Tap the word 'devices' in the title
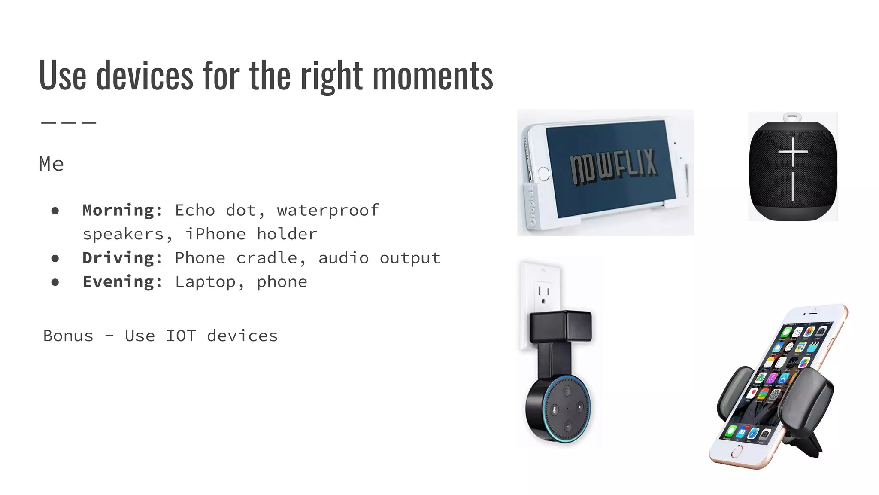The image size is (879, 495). click(x=145, y=76)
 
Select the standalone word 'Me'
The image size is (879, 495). click(x=52, y=164)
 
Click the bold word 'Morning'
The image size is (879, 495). click(x=118, y=211)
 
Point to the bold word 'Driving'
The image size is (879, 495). click(x=118, y=258)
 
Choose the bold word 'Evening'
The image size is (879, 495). click(x=118, y=282)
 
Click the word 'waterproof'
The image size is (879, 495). click(x=328, y=211)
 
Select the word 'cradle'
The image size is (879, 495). click(x=267, y=258)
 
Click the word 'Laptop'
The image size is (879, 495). click(x=205, y=282)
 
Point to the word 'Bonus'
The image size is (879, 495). click(x=68, y=336)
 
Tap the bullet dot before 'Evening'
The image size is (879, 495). click(x=55, y=282)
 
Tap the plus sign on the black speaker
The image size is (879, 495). click(x=793, y=152)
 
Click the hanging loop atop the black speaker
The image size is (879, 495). click(x=792, y=116)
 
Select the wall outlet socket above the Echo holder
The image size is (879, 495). click(x=543, y=293)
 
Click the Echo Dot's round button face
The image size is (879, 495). click(x=567, y=408)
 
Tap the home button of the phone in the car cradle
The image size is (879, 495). click(x=737, y=452)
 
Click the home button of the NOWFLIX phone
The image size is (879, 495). click(x=543, y=174)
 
